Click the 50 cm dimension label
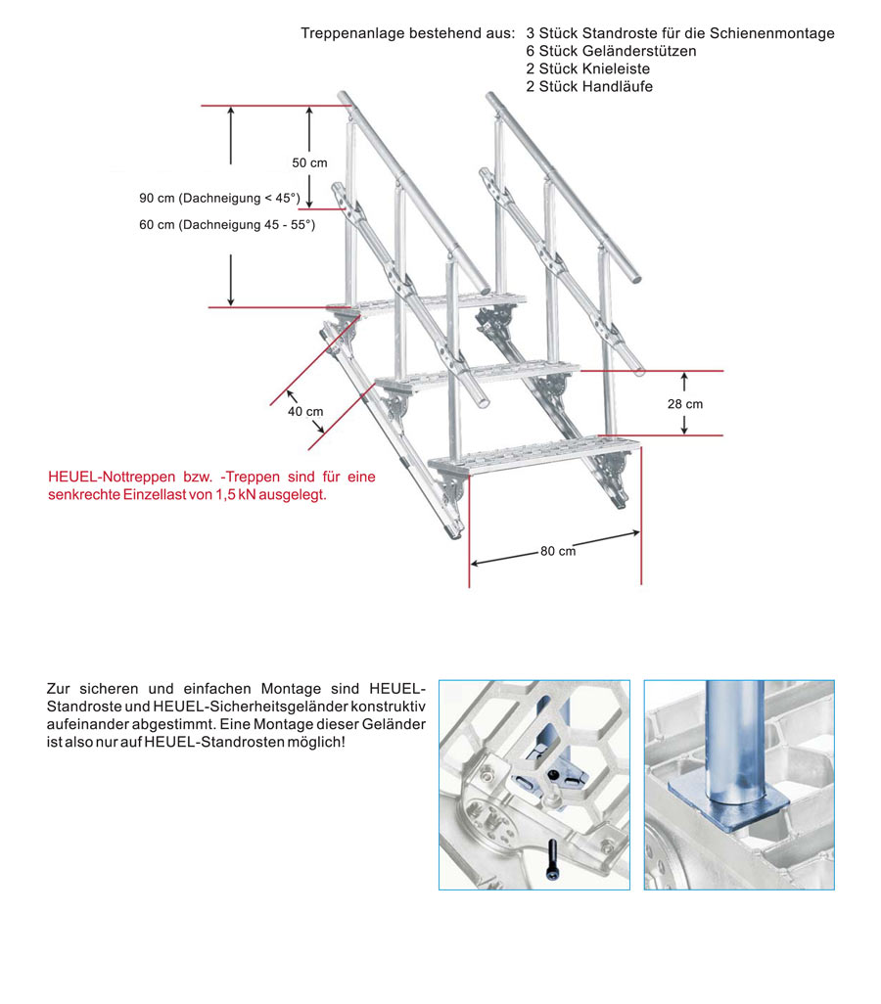[309, 162]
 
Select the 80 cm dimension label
[557, 551]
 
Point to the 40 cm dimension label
[305, 411]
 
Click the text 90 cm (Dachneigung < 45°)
[220, 198]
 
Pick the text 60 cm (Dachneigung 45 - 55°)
[227, 224]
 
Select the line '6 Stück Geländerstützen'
[611, 51]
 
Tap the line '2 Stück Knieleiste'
[587, 68]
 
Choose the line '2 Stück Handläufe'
[588, 86]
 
